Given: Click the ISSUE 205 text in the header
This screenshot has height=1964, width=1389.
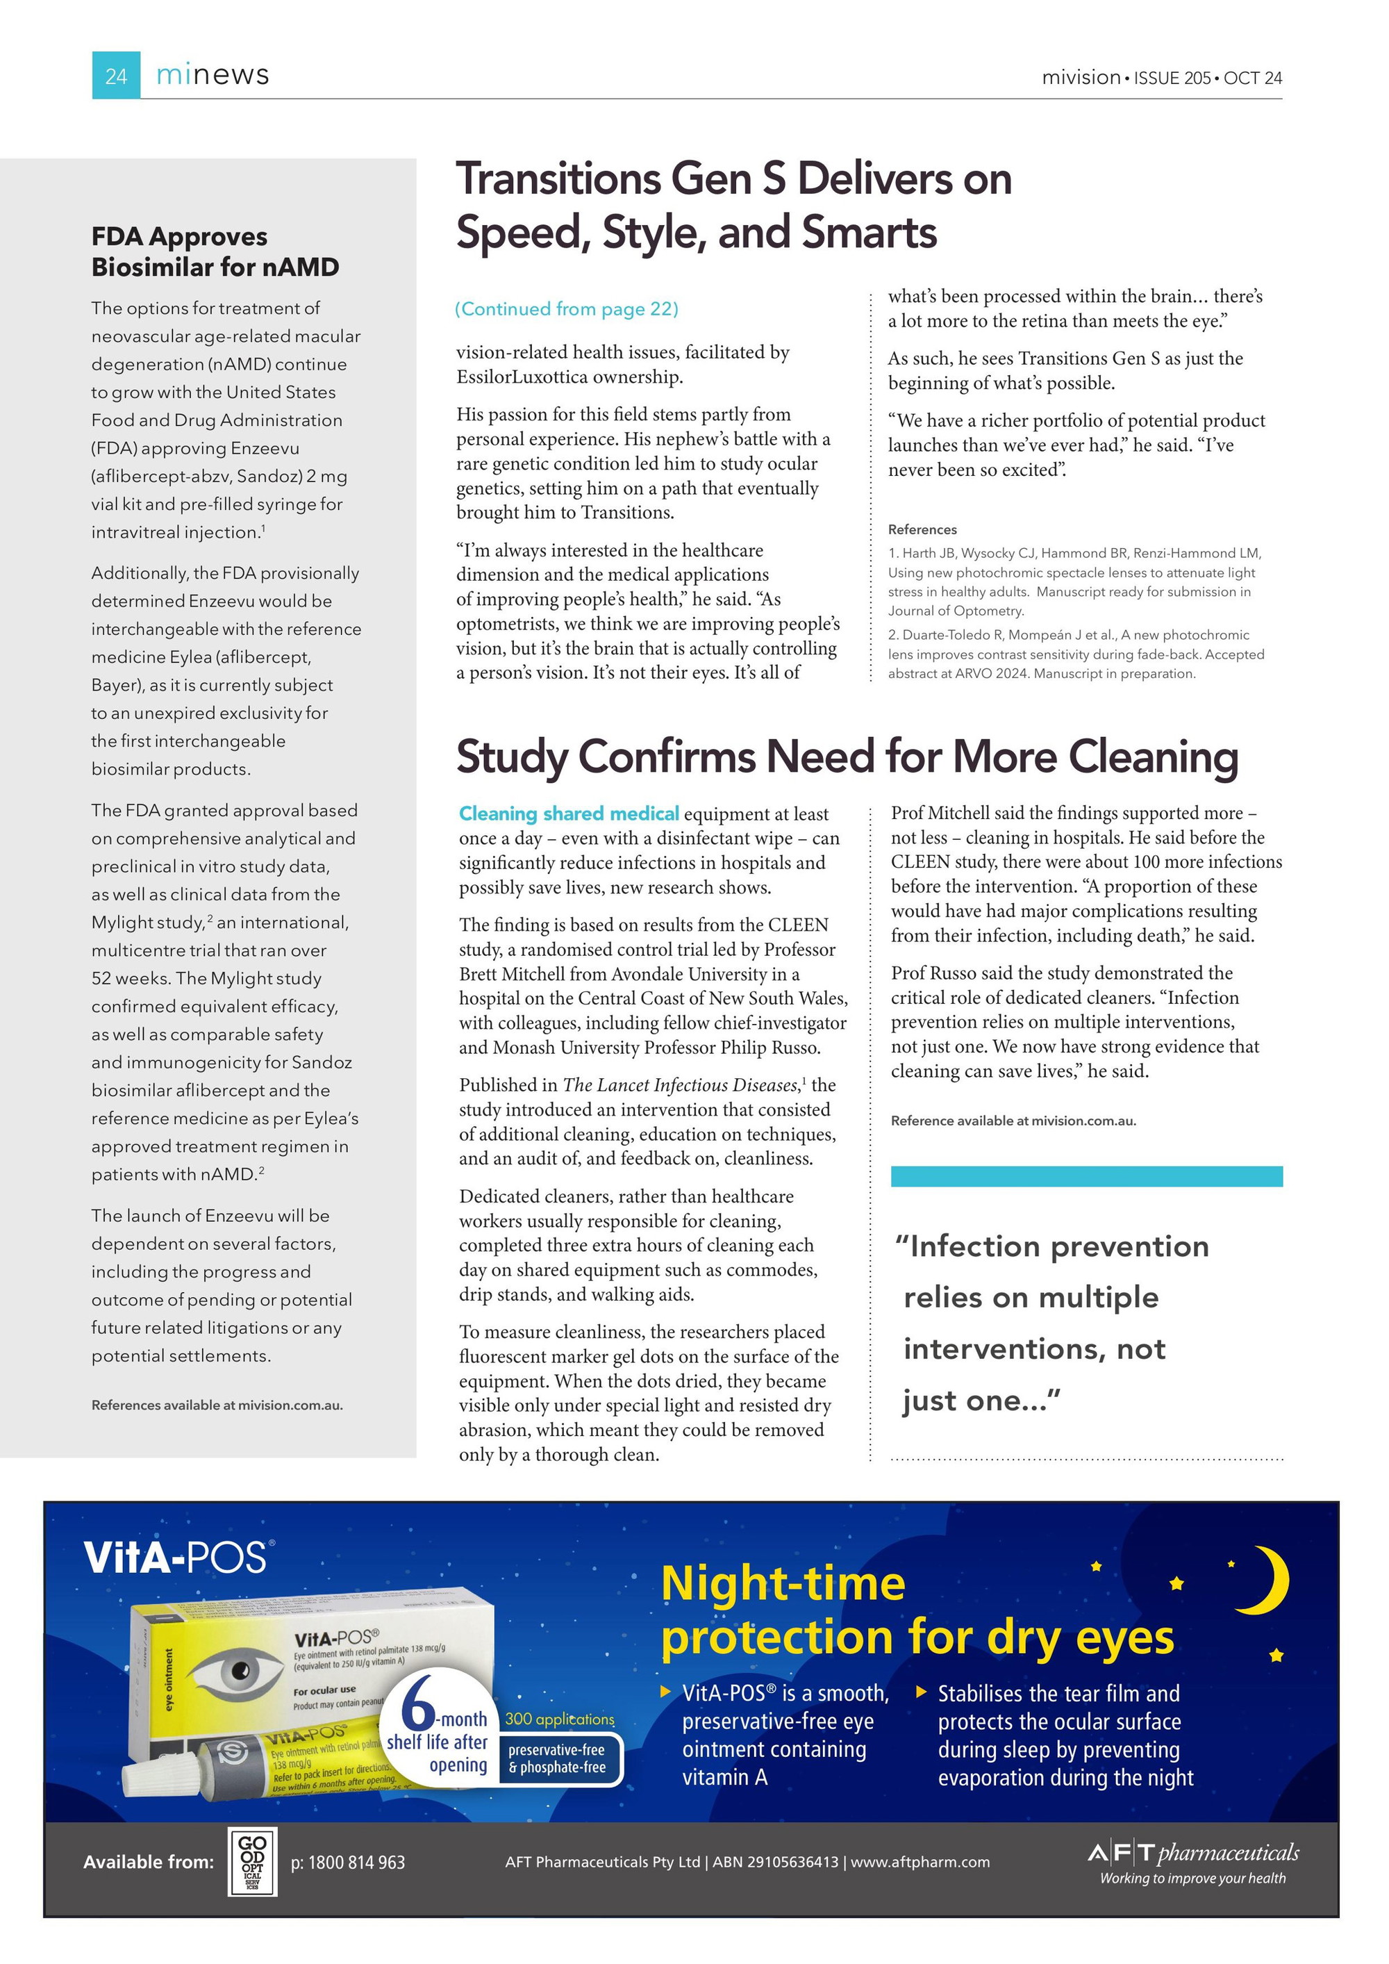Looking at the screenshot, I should point(1172,78).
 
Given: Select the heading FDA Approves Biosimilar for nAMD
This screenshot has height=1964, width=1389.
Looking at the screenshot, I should point(215,251).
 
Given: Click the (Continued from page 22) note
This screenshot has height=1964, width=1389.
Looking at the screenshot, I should point(566,308).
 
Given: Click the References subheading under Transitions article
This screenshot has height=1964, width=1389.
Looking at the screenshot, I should point(922,529).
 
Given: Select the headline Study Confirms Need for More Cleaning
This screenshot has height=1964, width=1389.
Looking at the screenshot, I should point(847,757).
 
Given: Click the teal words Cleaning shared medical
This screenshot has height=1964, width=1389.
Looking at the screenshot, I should point(569,814).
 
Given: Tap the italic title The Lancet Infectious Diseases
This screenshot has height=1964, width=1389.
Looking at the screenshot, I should point(680,1084).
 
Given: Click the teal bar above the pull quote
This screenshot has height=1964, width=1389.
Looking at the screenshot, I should point(1086,1176).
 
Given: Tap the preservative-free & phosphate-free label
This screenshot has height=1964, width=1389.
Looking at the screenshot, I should point(557,1758).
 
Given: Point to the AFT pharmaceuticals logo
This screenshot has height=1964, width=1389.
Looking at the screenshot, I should point(1192,1862).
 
